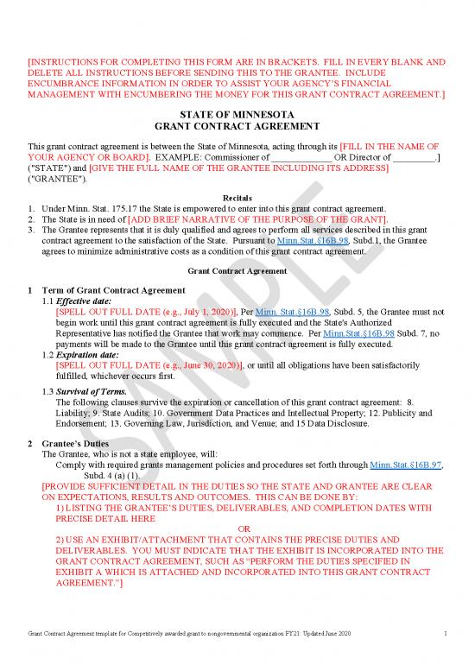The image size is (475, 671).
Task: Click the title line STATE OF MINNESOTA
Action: (237, 115)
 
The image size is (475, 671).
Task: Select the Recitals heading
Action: (237, 199)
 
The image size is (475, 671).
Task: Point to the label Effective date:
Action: (85, 301)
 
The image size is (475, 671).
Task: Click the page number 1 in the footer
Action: (444, 636)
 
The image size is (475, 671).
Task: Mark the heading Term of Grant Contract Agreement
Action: (112, 289)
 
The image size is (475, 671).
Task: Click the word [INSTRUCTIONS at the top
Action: (66, 62)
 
